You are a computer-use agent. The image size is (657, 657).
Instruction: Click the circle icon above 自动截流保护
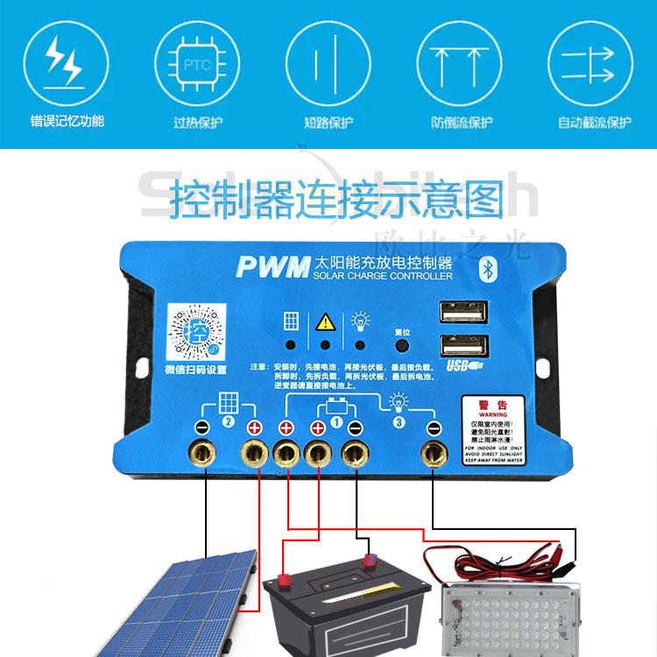(x=592, y=61)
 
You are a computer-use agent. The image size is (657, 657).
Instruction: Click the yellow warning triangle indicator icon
(x=325, y=321)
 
